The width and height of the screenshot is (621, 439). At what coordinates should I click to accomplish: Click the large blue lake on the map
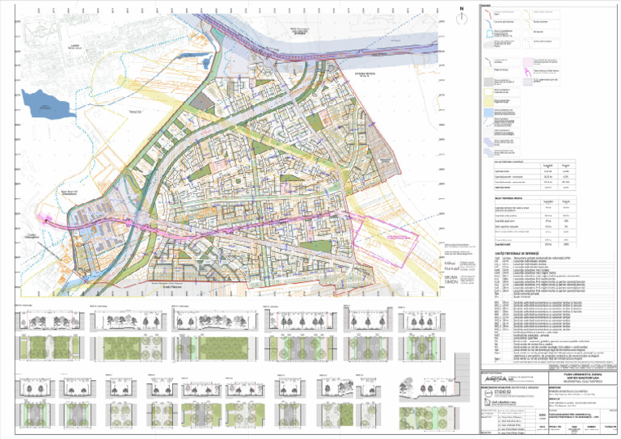coord(43,103)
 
